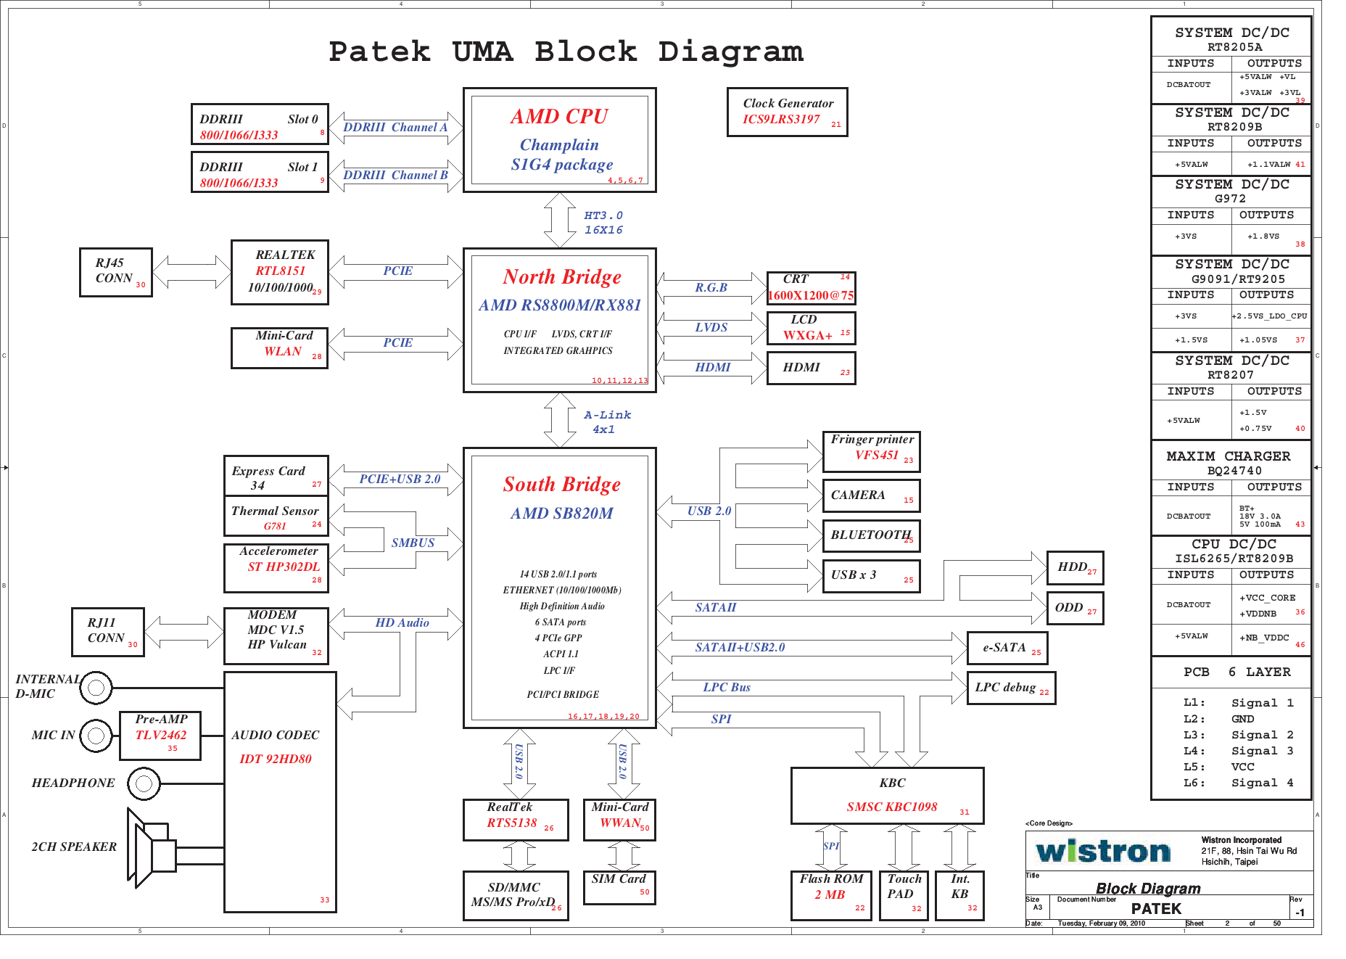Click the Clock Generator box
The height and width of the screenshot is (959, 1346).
(x=787, y=112)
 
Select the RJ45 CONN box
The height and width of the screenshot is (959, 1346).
(x=115, y=272)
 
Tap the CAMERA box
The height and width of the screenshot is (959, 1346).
(x=871, y=495)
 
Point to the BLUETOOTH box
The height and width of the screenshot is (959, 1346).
(x=871, y=535)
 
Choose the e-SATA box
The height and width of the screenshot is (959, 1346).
(x=1007, y=648)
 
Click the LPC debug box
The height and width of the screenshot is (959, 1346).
(x=1011, y=688)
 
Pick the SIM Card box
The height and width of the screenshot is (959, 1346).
(x=619, y=887)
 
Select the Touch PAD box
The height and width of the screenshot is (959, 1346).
(x=904, y=895)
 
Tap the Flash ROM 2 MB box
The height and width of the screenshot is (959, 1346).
(x=831, y=895)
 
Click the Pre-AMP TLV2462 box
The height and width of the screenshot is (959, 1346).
(x=160, y=735)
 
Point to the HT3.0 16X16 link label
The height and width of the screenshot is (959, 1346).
(x=603, y=223)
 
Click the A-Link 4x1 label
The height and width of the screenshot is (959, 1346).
(x=606, y=422)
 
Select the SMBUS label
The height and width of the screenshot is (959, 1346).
(x=413, y=543)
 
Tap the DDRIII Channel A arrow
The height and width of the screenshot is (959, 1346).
(x=395, y=128)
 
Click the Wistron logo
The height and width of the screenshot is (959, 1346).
(x=1103, y=851)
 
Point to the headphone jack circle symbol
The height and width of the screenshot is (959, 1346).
(x=144, y=783)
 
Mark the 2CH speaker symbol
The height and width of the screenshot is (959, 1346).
(x=151, y=847)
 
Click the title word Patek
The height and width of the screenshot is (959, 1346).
(x=379, y=52)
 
